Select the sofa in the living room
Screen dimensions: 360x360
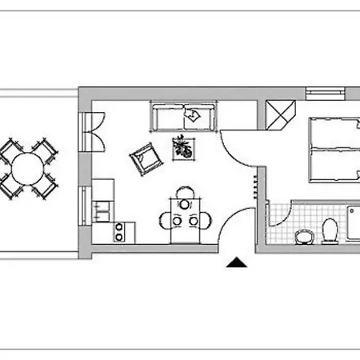(184, 118)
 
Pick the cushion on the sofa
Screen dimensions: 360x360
(192, 116)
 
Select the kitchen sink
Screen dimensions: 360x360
(102, 211)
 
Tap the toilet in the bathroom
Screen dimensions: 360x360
(328, 230)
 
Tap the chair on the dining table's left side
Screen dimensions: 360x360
(166, 221)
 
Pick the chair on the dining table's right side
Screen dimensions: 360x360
(206, 221)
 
